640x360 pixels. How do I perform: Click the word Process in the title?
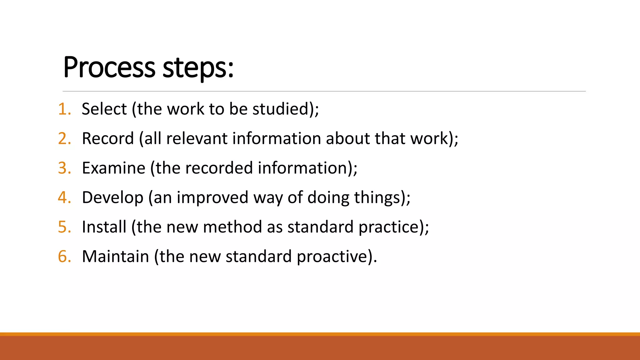tap(109, 68)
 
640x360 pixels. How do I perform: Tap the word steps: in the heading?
tap(198, 68)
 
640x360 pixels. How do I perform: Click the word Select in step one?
tap(104, 109)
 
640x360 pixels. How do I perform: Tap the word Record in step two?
tap(108, 138)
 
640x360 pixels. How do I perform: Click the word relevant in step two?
tap(197, 138)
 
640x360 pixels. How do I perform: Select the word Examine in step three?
tap(113, 168)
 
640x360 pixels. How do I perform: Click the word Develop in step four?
tap(112, 197)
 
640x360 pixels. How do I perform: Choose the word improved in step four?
tap(212, 197)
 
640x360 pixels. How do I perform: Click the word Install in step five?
tap(104, 227)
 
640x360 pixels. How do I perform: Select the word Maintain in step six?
tap(115, 257)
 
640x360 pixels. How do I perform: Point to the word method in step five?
tap(232, 227)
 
